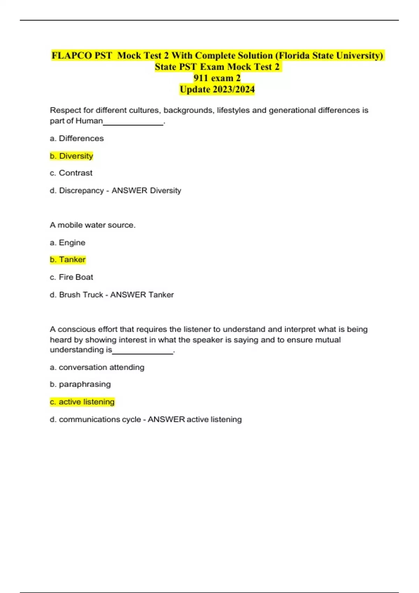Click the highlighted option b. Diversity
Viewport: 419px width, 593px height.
coord(72,156)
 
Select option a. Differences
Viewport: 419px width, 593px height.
coord(77,138)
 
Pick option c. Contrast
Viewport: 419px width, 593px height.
coord(71,173)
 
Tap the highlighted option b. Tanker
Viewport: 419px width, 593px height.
coord(68,260)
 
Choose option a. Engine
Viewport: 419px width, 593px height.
coord(68,242)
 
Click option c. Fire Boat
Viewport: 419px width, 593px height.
coord(72,277)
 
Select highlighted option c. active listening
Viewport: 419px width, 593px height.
coord(82,402)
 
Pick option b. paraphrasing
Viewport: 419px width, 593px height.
coord(80,384)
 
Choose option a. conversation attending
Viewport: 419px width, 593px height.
coord(97,367)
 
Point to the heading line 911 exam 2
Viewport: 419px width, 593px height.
coord(217,78)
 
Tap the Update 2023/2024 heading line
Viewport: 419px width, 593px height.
coord(217,90)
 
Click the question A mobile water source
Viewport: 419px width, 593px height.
coord(93,225)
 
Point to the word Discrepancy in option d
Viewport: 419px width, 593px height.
coord(81,190)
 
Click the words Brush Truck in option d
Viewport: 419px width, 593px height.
coord(81,295)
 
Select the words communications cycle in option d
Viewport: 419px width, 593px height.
coord(100,419)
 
